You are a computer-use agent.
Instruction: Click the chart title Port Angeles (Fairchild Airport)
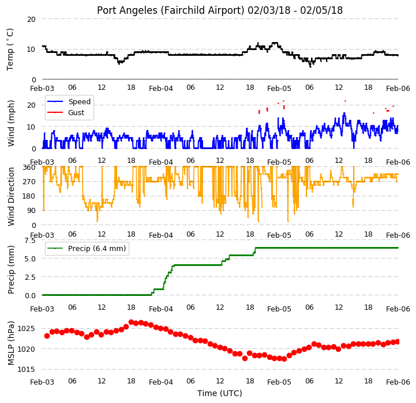(x=170, y=10)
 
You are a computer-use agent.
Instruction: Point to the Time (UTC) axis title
(x=220, y=393)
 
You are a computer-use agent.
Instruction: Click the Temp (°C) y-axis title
(x=10, y=50)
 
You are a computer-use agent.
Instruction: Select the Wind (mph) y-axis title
(x=10, y=123)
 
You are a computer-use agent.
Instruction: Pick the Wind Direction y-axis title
(x=10, y=196)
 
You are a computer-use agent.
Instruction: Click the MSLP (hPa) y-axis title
(x=10, y=343)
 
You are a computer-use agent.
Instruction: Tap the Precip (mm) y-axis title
(x=10, y=269)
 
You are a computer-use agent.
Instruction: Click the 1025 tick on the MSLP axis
(x=26, y=329)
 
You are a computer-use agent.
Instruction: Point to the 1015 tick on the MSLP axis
(x=26, y=370)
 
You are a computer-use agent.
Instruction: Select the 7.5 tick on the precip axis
(x=30, y=241)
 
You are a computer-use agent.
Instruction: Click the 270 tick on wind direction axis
(x=30, y=182)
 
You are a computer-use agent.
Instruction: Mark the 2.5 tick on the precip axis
(x=30, y=277)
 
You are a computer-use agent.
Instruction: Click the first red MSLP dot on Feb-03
(x=47, y=336)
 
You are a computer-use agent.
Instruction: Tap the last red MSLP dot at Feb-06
(x=398, y=342)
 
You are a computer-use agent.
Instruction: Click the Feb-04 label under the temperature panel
(x=161, y=89)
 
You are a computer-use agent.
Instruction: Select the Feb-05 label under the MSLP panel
(x=279, y=382)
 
